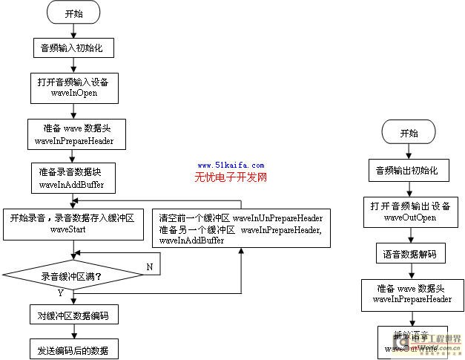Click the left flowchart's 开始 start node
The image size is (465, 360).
click(73, 13)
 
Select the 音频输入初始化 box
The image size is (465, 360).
click(73, 48)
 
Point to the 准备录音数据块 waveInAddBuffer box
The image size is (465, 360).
click(72, 177)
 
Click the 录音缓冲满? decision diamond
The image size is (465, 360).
click(72, 276)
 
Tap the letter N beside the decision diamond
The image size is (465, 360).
click(149, 266)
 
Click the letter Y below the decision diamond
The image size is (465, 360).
click(60, 293)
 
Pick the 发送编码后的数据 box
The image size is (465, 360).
click(73, 349)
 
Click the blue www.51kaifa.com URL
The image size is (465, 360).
click(231, 166)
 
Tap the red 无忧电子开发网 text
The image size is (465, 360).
click(231, 178)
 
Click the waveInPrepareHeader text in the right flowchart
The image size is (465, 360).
click(409, 299)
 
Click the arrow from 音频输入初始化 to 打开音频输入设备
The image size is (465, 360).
click(73, 65)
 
